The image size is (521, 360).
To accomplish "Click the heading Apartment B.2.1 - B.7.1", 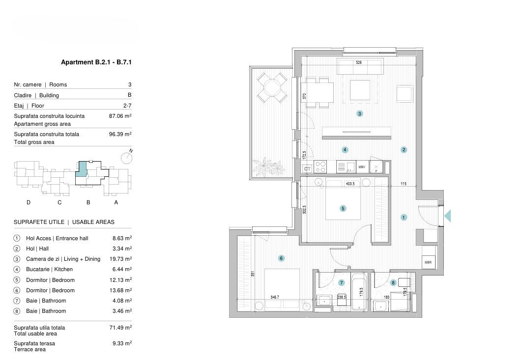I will pyautogui.click(x=97, y=62).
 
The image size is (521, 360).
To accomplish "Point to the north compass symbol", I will pyautogui.click(x=127, y=157).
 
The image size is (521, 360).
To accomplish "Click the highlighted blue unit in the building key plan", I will pyautogui.click(x=82, y=168).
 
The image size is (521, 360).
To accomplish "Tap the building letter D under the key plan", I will pyautogui.click(x=29, y=202).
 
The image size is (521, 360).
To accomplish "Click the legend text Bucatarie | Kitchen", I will pyautogui.click(x=49, y=269).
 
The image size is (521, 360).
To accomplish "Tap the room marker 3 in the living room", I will pyautogui.click(x=360, y=114).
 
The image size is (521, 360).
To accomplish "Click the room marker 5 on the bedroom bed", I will pyautogui.click(x=343, y=208).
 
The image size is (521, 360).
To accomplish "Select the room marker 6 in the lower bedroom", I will pyautogui.click(x=281, y=258).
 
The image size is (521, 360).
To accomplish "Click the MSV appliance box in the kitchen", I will pyautogui.click(x=362, y=167).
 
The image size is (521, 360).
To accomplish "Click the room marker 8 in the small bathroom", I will pyautogui.click(x=393, y=282).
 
